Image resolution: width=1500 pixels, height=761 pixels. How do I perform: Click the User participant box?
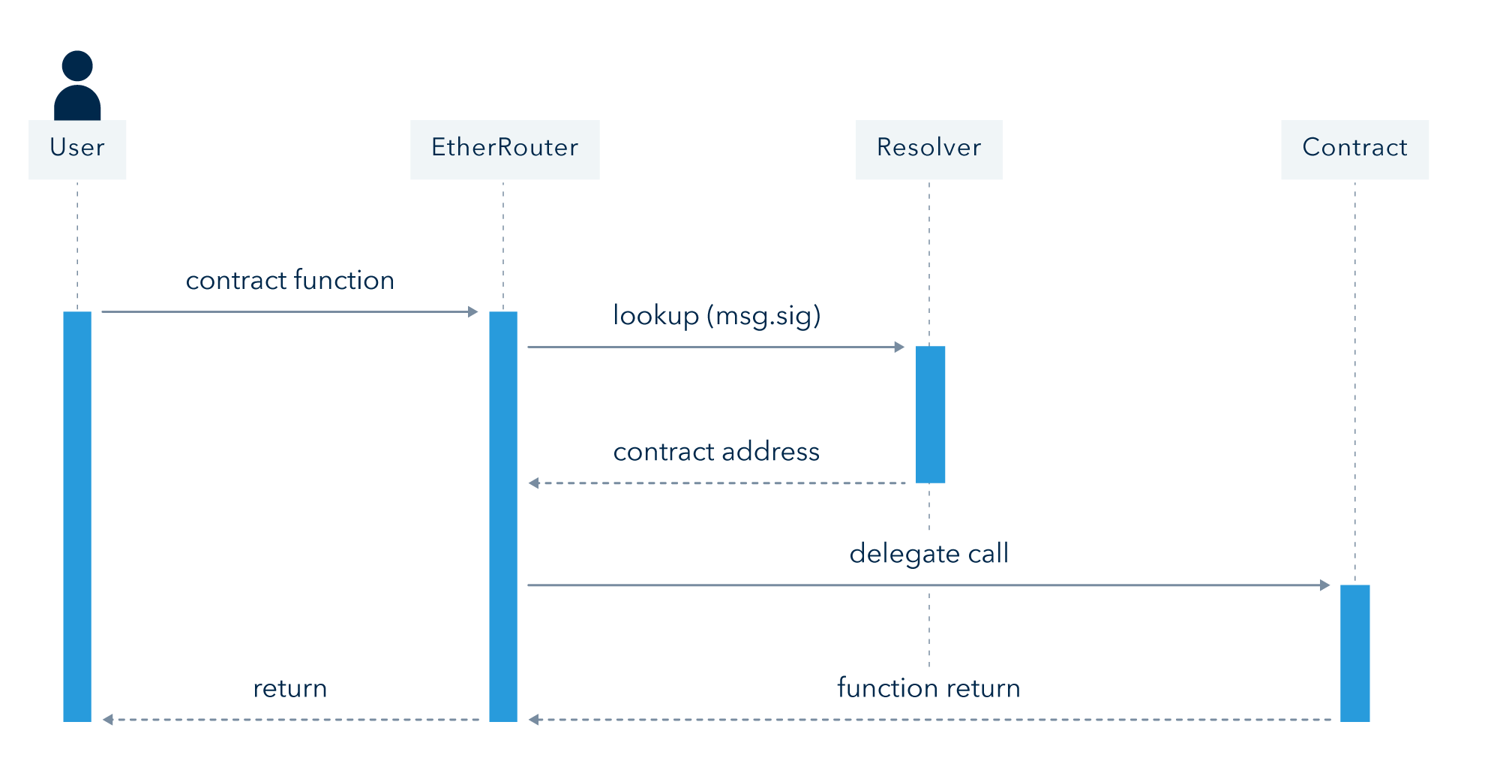77,149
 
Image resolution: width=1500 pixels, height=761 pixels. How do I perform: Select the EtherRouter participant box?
505,149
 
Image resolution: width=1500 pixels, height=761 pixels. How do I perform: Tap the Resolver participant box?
929,149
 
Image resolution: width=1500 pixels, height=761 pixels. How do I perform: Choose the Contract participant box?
1354,149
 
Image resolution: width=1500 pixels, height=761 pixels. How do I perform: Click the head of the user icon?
77,66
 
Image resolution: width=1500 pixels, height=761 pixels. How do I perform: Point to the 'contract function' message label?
290,280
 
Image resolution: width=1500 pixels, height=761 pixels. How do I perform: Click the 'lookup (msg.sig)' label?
717,316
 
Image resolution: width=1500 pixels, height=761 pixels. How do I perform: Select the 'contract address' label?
716,451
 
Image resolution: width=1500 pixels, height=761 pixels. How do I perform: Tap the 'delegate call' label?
929,554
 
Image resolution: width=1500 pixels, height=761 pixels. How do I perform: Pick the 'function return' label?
928,687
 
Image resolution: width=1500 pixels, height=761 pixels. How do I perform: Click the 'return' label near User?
290,688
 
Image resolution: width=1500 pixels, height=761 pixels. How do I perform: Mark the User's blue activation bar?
77,516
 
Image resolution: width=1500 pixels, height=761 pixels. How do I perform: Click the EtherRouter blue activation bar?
503,516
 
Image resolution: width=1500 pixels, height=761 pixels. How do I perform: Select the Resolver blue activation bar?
930,414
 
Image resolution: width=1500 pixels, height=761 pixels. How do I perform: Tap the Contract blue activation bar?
1355,653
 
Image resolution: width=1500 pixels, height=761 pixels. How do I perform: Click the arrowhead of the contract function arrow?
473,311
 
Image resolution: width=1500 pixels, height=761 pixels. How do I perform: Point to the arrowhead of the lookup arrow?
900,347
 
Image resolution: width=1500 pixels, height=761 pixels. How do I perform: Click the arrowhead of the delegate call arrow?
1325,585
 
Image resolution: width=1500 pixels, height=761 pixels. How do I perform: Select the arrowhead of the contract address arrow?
533,483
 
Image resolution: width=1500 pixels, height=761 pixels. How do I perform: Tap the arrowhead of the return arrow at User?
107,720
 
